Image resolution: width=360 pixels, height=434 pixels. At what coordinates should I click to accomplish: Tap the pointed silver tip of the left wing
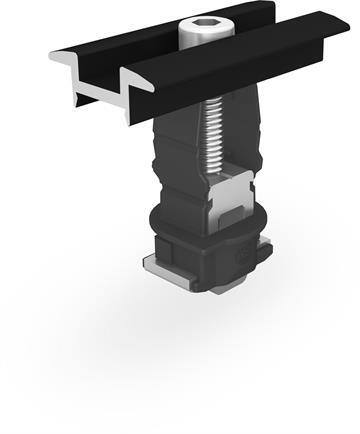click(51, 55)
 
